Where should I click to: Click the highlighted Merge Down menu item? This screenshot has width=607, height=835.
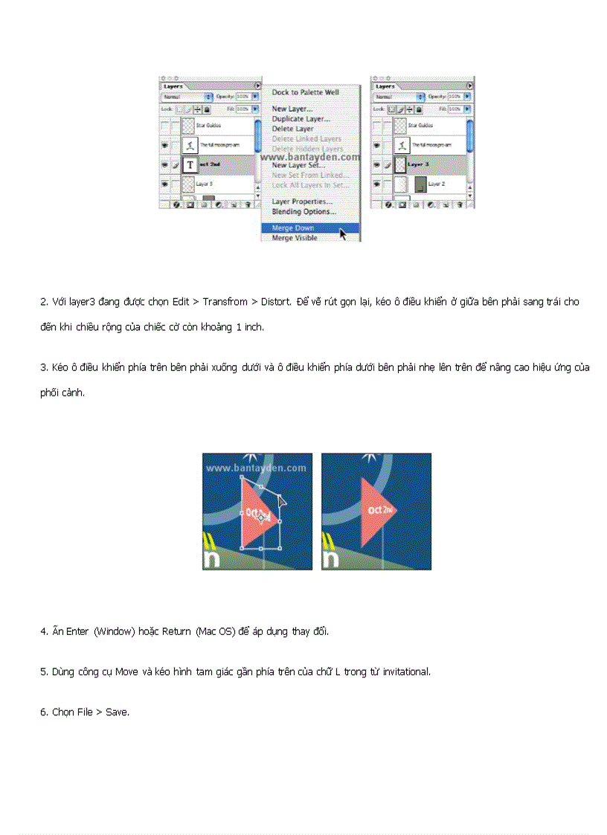293,228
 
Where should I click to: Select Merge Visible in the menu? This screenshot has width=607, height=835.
295,238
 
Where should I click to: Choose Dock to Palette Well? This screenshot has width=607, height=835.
305,92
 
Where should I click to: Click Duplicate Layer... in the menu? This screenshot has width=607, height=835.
301,119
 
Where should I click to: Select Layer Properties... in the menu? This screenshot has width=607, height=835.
302,202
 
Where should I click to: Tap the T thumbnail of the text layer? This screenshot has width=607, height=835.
189,164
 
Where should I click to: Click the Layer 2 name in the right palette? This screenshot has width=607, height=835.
437,184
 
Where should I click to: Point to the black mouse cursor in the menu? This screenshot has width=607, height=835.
343,233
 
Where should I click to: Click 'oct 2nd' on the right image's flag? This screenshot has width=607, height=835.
380,510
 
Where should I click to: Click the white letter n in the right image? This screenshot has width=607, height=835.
330,560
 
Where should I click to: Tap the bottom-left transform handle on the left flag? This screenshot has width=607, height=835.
241,549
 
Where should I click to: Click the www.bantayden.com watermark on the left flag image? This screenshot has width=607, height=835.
256,468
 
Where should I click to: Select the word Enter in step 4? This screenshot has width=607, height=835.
77,631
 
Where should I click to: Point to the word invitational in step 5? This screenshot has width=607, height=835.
406,671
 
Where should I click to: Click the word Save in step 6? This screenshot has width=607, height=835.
117,712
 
